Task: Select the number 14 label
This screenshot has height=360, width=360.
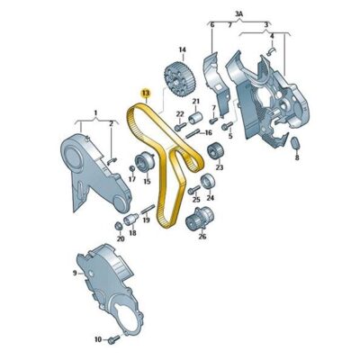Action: pyautogui.click(x=181, y=49)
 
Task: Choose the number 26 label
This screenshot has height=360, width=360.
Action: pyautogui.click(x=202, y=237)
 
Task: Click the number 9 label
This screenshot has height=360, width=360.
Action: pyautogui.click(x=76, y=270)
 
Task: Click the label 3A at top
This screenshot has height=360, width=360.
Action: pyautogui.click(x=238, y=13)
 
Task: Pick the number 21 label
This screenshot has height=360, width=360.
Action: pyautogui.click(x=195, y=102)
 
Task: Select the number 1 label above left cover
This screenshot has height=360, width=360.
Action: pyautogui.click(x=91, y=113)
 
